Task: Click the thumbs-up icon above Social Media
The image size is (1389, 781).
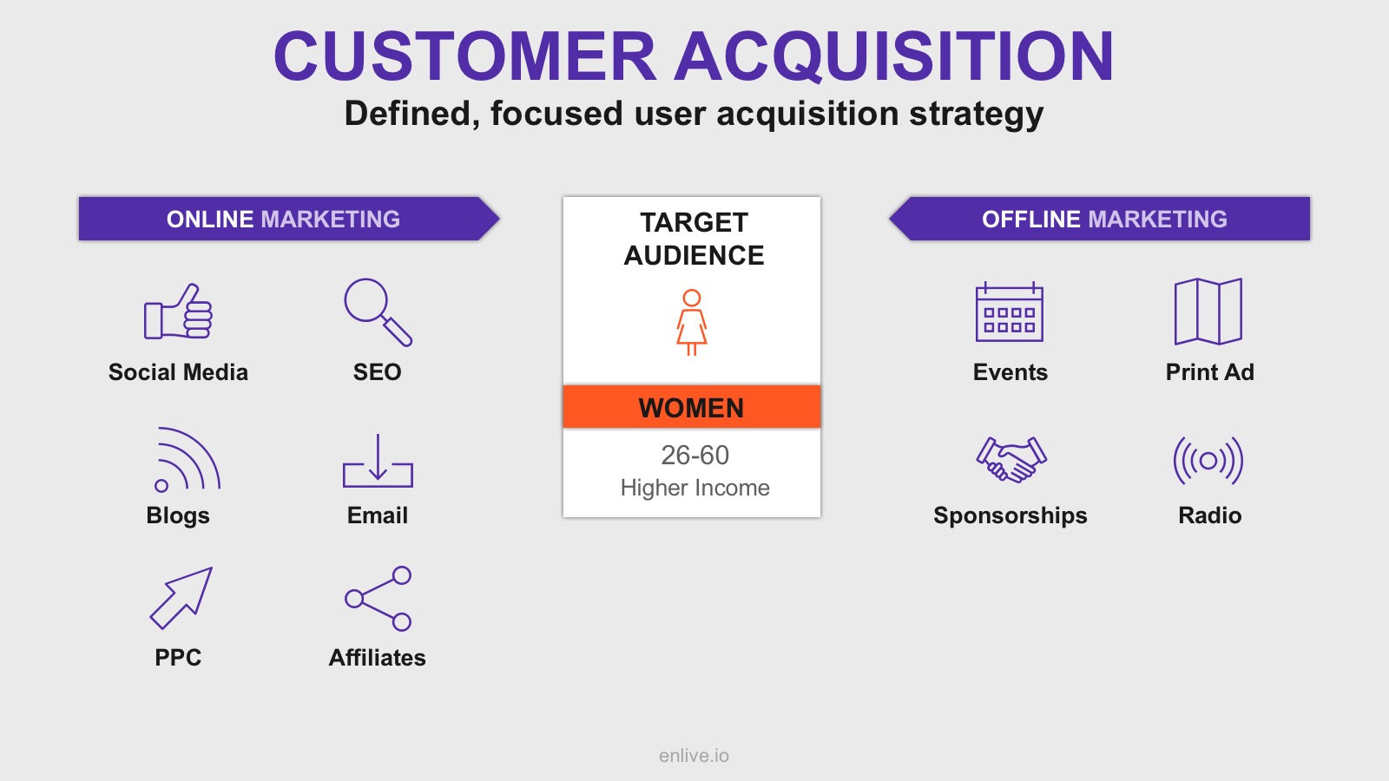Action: (179, 312)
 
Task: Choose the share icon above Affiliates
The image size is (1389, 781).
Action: (379, 599)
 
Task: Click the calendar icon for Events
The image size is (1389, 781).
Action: (1010, 312)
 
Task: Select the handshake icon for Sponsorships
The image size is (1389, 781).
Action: (1011, 459)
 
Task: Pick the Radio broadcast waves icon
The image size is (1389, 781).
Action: (1208, 461)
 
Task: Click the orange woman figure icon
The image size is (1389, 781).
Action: (691, 322)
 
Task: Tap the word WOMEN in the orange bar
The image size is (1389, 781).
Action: (691, 408)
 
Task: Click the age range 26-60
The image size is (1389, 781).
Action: (694, 455)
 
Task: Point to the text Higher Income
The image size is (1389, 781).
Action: (695, 488)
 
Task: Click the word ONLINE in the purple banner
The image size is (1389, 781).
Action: (209, 219)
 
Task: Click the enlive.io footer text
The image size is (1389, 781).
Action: (694, 756)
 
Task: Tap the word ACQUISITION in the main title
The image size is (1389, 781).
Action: (894, 56)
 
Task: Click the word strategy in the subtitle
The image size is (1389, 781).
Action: (976, 115)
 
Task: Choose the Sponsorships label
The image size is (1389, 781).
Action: (1010, 515)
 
